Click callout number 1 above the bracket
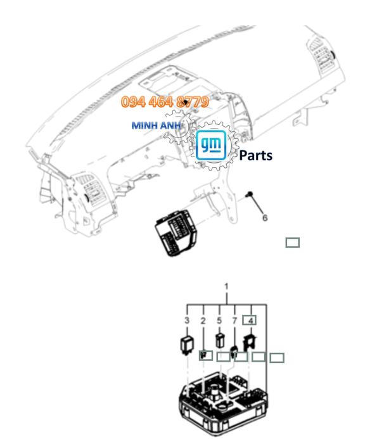(x=227, y=287)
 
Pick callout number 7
(x=234, y=321)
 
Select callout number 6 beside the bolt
(x=265, y=217)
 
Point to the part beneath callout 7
(x=234, y=351)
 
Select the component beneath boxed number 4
(x=250, y=343)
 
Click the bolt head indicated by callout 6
(x=252, y=195)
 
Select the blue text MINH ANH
(x=156, y=124)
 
